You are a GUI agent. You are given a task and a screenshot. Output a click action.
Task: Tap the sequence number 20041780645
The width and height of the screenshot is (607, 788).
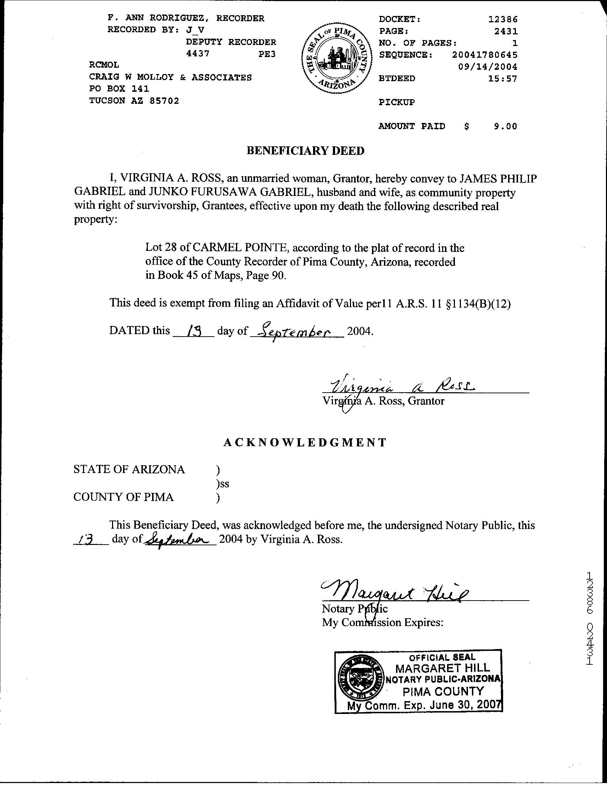[x=485, y=55]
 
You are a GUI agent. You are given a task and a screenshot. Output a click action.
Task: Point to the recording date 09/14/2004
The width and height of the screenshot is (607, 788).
[x=488, y=67]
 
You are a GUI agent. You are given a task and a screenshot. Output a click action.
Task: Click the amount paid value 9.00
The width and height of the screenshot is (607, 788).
[x=505, y=126]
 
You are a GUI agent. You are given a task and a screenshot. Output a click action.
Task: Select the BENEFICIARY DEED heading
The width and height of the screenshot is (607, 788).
[x=305, y=151]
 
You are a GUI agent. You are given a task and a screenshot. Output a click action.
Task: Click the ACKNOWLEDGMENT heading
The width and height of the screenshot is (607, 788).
[x=305, y=442]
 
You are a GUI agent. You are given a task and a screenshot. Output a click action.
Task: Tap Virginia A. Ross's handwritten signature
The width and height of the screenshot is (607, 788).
[x=401, y=387]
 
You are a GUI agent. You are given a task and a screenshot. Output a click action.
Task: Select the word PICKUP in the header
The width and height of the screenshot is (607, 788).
[x=396, y=102]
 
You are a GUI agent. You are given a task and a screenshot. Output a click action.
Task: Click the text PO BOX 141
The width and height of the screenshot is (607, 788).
[x=119, y=89]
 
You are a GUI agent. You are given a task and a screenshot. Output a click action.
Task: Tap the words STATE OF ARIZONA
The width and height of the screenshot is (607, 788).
[x=129, y=469]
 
